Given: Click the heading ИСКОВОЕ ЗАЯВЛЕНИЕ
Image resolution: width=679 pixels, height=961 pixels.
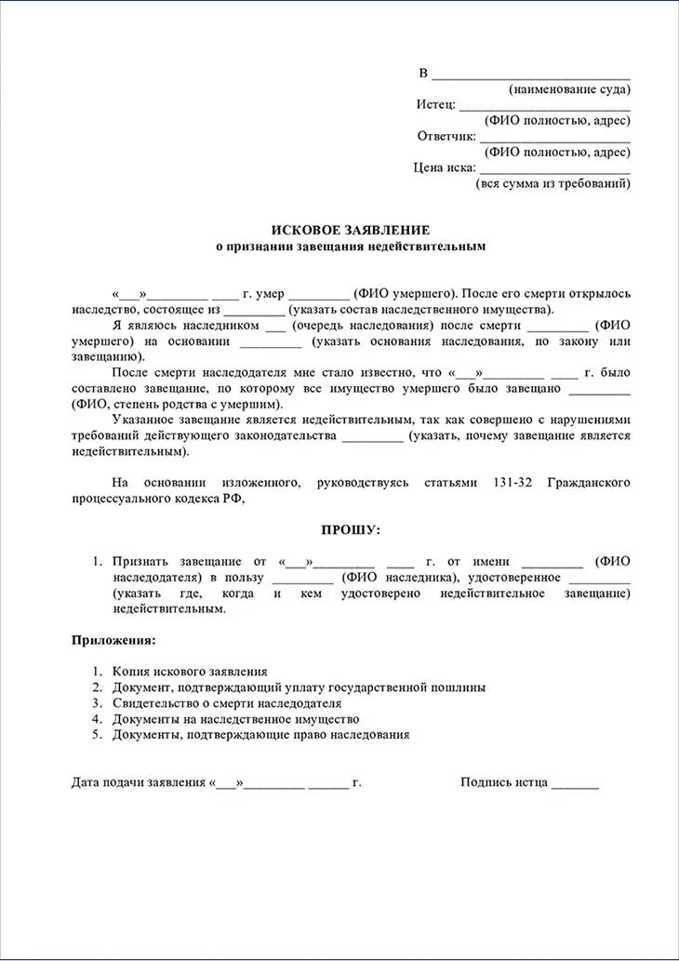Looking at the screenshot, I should [x=351, y=230].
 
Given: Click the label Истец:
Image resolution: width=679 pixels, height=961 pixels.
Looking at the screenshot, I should [x=435, y=104].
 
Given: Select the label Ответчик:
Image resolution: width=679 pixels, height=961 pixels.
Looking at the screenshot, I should [x=446, y=136].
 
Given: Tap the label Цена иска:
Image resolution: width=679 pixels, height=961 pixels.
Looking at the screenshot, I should [x=445, y=167].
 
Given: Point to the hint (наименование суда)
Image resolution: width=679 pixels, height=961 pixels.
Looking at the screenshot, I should [x=569, y=89].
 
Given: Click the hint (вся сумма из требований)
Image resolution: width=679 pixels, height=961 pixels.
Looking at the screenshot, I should [x=553, y=184].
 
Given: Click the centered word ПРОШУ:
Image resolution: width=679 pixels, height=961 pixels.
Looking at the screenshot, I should [x=351, y=529].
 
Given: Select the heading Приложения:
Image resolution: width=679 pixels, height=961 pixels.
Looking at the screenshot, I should [x=114, y=640].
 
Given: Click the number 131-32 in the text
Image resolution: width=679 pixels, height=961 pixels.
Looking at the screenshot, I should [x=513, y=482].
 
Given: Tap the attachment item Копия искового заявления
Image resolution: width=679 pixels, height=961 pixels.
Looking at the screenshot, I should [x=190, y=671].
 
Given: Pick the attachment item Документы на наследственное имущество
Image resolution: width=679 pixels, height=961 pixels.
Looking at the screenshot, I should [x=235, y=718].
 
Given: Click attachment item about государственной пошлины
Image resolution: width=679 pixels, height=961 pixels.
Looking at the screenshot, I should [x=299, y=687].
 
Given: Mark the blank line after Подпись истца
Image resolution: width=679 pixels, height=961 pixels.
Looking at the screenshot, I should [x=575, y=784].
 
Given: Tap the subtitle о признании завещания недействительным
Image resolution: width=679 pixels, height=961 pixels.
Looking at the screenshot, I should [x=351, y=247].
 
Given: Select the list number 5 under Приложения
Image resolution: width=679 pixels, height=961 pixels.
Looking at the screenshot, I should [x=97, y=734].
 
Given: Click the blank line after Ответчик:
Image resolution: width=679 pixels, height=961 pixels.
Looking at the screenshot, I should [x=554, y=140].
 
